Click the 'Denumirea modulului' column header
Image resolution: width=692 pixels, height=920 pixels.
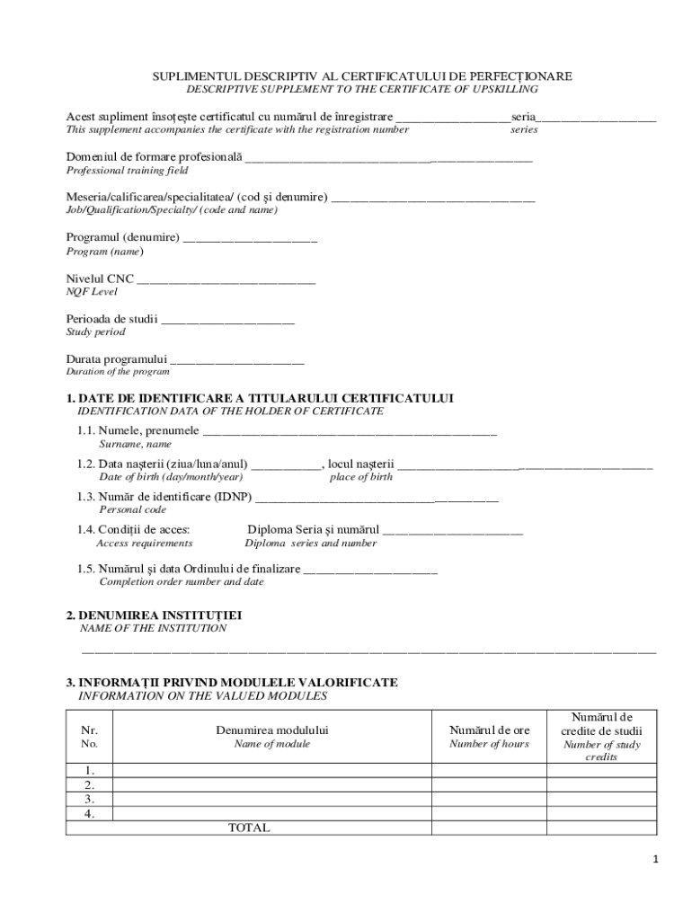272,730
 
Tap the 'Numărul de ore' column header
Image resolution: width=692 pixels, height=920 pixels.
490,730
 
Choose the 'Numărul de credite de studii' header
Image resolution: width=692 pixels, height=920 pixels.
601,724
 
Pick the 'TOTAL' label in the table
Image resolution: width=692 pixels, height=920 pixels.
249,827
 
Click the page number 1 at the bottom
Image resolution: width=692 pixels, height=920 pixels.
656,860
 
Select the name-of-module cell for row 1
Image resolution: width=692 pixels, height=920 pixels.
272,770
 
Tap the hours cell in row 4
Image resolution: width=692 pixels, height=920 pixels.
490,813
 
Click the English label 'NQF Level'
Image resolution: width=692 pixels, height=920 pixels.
92,292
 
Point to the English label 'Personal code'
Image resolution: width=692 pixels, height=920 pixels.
132,509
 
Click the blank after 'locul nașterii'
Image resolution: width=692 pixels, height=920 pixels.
525,465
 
